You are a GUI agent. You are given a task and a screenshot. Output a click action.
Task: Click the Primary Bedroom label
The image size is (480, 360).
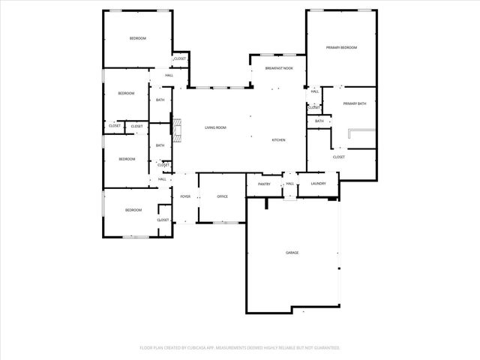341,47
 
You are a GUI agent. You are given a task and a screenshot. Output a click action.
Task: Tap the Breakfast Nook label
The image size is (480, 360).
279,68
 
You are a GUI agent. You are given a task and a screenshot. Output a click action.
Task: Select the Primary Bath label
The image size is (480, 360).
355,103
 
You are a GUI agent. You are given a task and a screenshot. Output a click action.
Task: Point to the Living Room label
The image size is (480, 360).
216,127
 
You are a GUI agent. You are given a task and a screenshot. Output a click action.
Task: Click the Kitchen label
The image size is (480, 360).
278,140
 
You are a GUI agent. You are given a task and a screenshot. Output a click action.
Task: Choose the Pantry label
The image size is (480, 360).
264,184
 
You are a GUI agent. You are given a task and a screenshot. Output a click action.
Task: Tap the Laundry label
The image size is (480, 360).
318,184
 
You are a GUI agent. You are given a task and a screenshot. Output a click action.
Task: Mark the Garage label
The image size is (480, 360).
292,253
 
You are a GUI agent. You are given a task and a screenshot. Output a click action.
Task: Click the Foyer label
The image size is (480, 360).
185,196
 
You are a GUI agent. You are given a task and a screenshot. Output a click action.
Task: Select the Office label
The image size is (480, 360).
222,196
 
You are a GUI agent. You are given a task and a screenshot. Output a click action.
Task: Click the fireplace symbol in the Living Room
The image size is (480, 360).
176,128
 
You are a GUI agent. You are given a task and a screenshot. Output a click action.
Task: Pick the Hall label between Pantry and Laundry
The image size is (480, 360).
289,184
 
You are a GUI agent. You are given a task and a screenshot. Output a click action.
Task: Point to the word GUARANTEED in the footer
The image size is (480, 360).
327,348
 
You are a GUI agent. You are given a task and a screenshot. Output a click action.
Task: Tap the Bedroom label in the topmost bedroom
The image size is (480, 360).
137,38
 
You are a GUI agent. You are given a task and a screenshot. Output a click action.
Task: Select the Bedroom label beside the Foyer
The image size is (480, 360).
133,210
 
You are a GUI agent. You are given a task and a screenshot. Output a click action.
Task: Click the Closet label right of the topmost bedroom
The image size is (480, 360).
181,58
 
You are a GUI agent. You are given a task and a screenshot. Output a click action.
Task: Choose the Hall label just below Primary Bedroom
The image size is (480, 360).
315,91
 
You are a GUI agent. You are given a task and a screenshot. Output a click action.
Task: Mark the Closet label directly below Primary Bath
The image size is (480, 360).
339,157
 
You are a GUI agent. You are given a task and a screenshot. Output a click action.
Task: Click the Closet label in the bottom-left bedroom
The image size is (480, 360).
163,220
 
